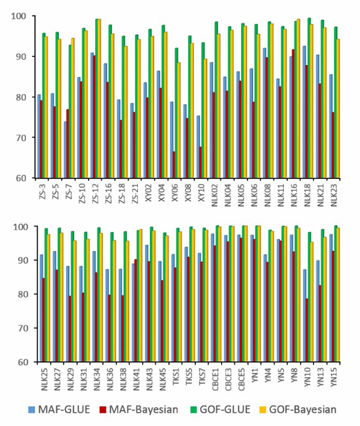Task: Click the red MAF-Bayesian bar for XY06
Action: [174, 164]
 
